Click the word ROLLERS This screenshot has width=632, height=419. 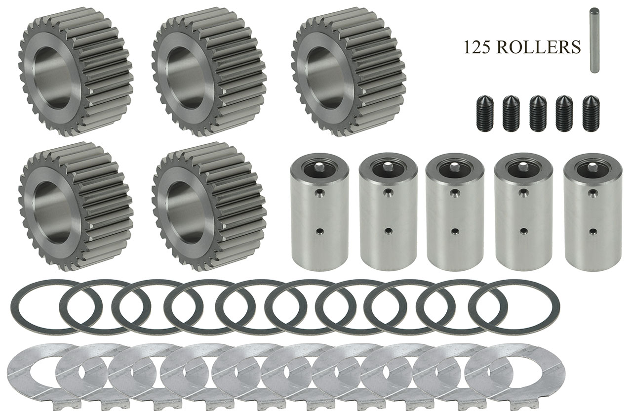pyautogui.click(x=538, y=47)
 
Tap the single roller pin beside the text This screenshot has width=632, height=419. pyautogui.click(x=594, y=41)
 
